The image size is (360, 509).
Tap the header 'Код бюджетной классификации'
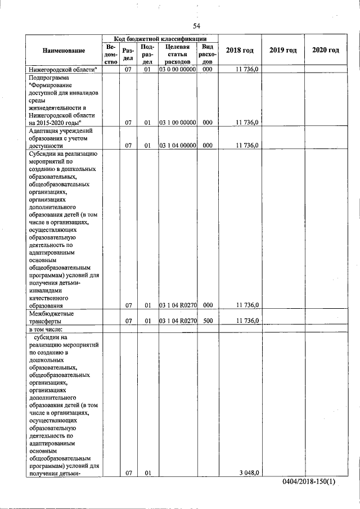pyautogui.click(x=159, y=37)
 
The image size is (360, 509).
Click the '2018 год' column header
pyautogui.click(x=240, y=51)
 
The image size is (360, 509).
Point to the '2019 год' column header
pyautogui.click(x=283, y=51)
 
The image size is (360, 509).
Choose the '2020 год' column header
pyautogui.click(x=326, y=51)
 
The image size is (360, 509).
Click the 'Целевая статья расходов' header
pyautogui.click(x=177, y=54)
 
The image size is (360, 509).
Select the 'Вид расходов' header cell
pyautogui.click(x=208, y=54)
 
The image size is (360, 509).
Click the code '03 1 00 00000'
pyautogui.click(x=177, y=122)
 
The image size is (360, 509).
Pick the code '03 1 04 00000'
pyautogui.click(x=177, y=145)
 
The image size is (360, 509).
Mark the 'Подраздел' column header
pyautogui.click(x=147, y=54)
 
